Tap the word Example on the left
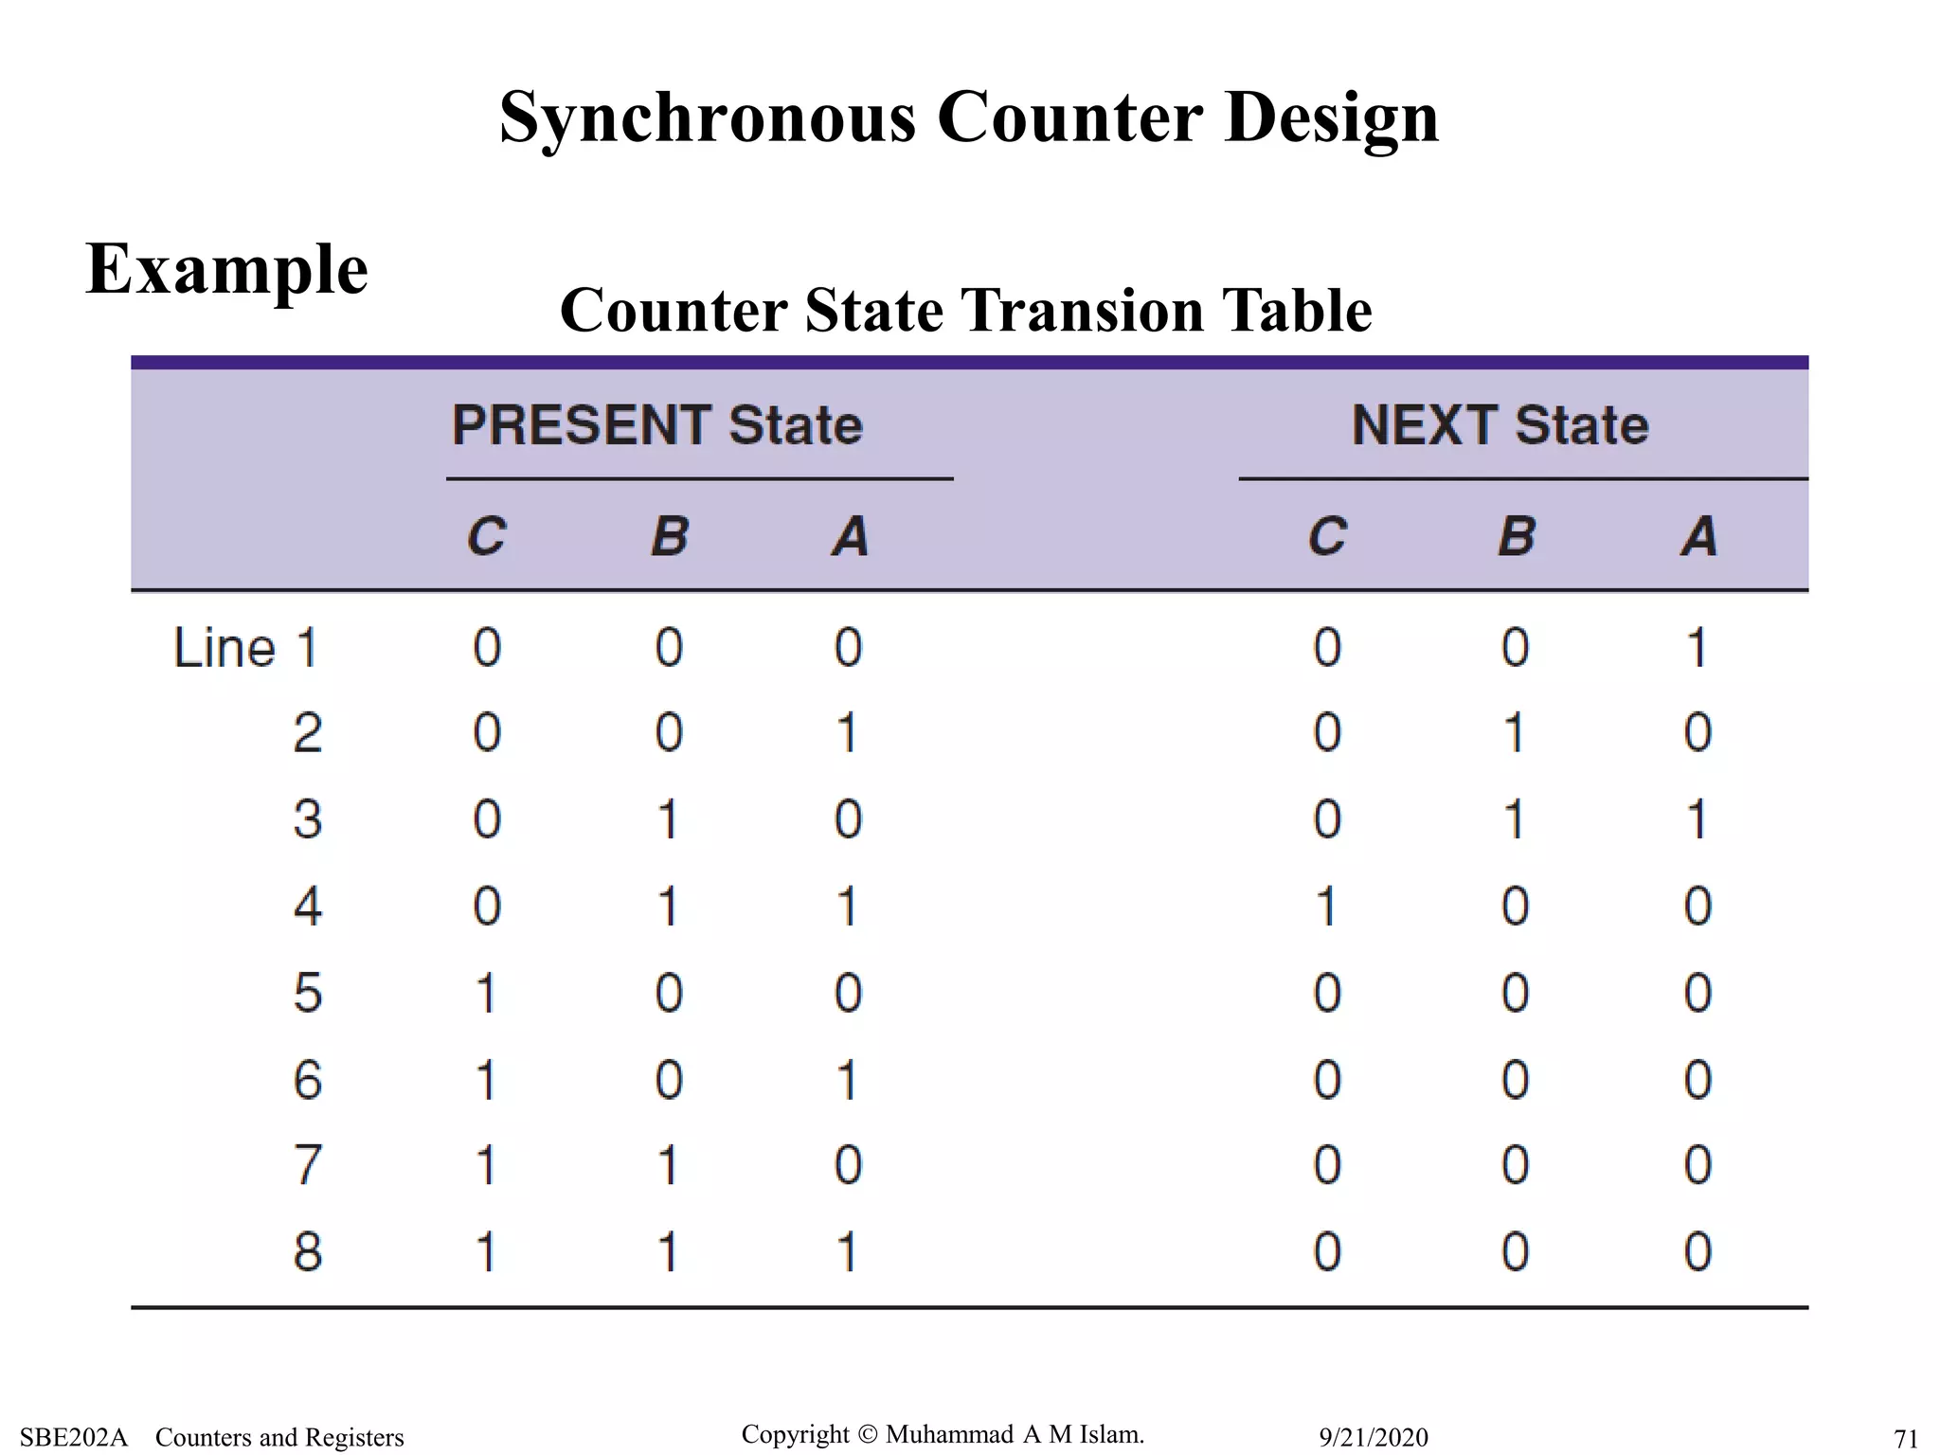(x=226, y=269)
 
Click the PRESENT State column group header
(x=657, y=425)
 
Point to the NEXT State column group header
(x=1500, y=425)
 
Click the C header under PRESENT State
(x=487, y=536)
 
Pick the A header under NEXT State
(x=1698, y=536)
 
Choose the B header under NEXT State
(x=1516, y=536)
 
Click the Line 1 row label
(x=245, y=649)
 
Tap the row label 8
(x=308, y=1251)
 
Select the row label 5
(x=308, y=994)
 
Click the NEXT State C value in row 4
(x=1326, y=907)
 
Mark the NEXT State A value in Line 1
(x=1697, y=649)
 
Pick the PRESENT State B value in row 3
(x=668, y=819)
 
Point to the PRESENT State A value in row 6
(x=848, y=1080)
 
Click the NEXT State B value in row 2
(x=1515, y=733)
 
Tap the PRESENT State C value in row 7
(x=486, y=1165)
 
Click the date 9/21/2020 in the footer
(x=1374, y=1437)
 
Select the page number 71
(x=1905, y=1438)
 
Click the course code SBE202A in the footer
(x=73, y=1437)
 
